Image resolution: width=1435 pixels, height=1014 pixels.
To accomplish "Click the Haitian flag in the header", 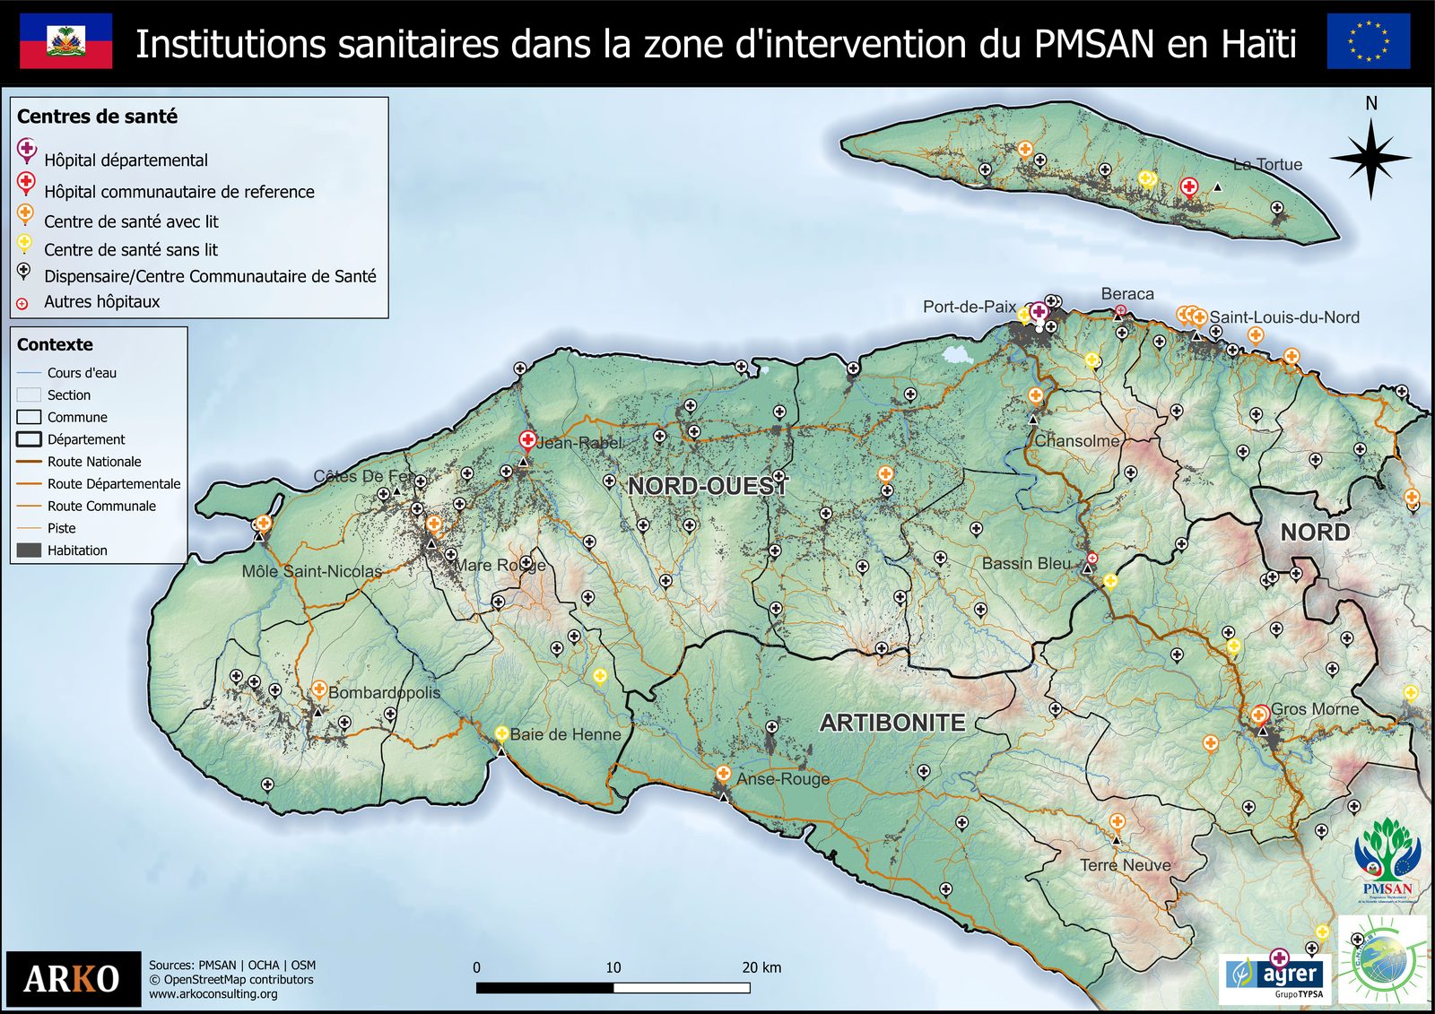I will pyautogui.click(x=66, y=41).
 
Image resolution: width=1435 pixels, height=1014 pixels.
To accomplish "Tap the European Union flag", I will pyautogui.click(x=1368, y=41).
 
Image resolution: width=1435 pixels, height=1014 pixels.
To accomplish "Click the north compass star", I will pyautogui.click(x=1370, y=158).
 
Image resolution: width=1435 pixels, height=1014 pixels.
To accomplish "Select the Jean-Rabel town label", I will pyautogui.click(x=579, y=443).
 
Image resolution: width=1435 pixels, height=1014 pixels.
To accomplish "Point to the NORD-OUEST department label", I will pyautogui.click(x=707, y=486).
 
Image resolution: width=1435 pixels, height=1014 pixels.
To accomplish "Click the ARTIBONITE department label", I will pyautogui.click(x=892, y=723).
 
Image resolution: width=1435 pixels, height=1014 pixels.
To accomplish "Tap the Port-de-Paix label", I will pyautogui.click(x=970, y=307).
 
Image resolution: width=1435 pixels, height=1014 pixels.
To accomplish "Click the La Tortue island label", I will pyautogui.click(x=1267, y=164).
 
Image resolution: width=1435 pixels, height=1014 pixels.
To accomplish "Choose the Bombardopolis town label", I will pyautogui.click(x=384, y=692).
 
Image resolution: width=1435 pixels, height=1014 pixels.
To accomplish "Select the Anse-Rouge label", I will pyautogui.click(x=783, y=779).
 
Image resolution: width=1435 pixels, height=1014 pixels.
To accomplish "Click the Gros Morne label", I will pyautogui.click(x=1314, y=709).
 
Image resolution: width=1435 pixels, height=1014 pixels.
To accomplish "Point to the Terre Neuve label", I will pyautogui.click(x=1125, y=865).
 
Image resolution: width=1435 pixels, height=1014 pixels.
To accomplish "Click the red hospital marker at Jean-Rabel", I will pyautogui.click(x=527, y=439).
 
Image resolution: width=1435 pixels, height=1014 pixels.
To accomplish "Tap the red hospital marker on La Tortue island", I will pyautogui.click(x=1189, y=186).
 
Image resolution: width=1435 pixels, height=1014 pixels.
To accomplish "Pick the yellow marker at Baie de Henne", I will pyautogui.click(x=502, y=734).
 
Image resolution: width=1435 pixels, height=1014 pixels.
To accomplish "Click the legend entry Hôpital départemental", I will pyautogui.click(x=126, y=160).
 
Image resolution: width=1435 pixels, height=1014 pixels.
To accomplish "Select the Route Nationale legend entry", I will pyautogui.click(x=94, y=462).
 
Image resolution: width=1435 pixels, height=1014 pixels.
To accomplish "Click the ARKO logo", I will pyautogui.click(x=73, y=978).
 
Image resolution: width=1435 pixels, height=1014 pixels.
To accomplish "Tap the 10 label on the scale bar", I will pyautogui.click(x=613, y=967).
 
